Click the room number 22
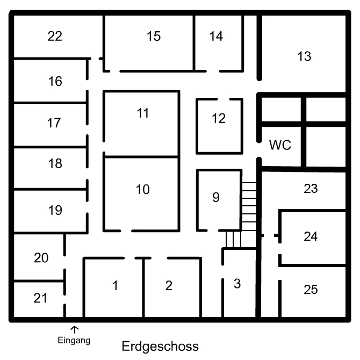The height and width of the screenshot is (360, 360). [x=55, y=37]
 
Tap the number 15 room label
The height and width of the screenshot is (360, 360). [x=154, y=37]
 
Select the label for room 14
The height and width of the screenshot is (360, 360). [x=216, y=37]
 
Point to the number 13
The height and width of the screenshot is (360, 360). [x=304, y=56]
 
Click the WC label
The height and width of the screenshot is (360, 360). [x=280, y=145]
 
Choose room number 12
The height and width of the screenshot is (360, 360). [x=218, y=119]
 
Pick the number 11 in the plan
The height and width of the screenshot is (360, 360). [x=142, y=113]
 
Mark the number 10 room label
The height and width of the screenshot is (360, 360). [x=143, y=190]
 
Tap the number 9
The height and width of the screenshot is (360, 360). [x=216, y=198]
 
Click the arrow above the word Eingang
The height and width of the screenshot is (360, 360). [x=75, y=328]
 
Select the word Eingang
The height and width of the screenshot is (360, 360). [x=74, y=340]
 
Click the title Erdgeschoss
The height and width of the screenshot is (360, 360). [x=160, y=346]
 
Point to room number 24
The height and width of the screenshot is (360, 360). [x=311, y=236]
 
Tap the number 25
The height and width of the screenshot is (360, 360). [x=311, y=290]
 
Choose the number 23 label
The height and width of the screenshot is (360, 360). [x=311, y=189]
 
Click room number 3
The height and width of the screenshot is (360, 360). [x=237, y=284]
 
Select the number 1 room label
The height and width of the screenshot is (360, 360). [x=115, y=286]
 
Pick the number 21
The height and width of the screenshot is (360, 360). [x=41, y=297]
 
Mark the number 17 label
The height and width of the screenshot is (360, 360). [x=54, y=123]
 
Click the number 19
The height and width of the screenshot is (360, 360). [x=55, y=210]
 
